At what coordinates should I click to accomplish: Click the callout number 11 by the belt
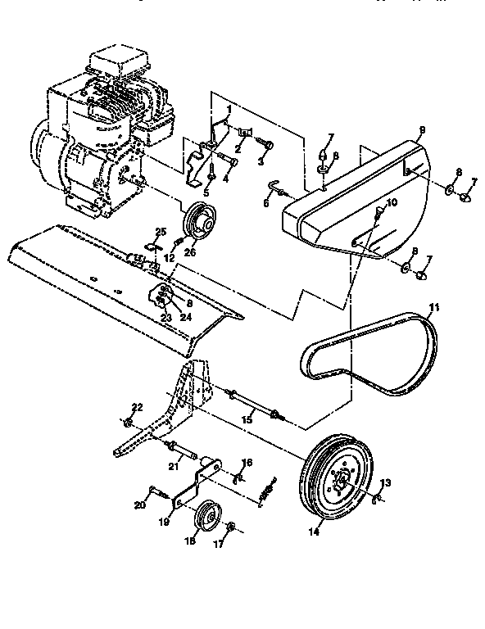(x=434, y=307)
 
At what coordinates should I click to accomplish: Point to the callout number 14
(x=314, y=532)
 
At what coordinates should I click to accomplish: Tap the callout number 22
(x=137, y=408)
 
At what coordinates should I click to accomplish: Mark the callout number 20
(x=140, y=505)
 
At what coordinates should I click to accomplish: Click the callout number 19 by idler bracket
(x=165, y=519)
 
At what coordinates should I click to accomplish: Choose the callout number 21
(x=173, y=467)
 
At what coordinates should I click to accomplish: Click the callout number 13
(x=386, y=484)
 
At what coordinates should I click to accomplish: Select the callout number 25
(x=161, y=232)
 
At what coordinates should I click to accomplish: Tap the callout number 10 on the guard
(x=391, y=201)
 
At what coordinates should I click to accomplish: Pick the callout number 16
(x=247, y=463)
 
